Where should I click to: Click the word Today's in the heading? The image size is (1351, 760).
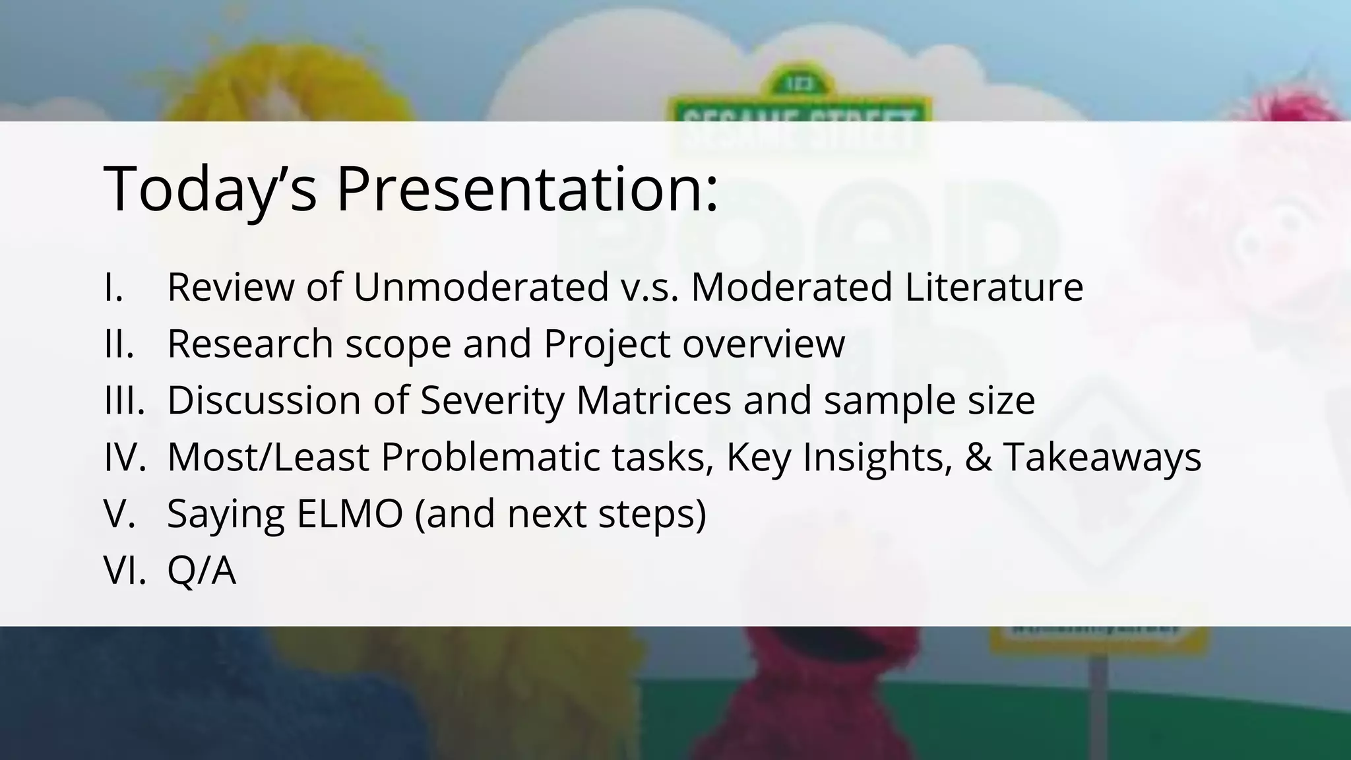tap(210, 189)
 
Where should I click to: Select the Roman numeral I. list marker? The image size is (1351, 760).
tap(114, 288)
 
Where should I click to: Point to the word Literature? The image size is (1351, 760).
tap(993, 288)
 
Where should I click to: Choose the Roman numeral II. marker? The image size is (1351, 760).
tap(119, 344)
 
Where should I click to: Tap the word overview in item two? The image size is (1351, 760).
tap(763, 344)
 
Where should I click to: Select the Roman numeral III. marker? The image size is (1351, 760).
tap(125, 400)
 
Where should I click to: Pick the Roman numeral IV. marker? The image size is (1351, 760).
tap(125, 457)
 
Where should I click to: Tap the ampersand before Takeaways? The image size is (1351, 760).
tap(977, 457)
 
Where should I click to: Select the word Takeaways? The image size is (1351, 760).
tap(1102, 457)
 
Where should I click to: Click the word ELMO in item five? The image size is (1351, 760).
tap(350, 514)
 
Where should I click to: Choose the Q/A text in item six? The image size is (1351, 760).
tap(201, 570)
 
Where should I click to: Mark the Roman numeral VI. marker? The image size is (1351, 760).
tap(125, 570)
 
